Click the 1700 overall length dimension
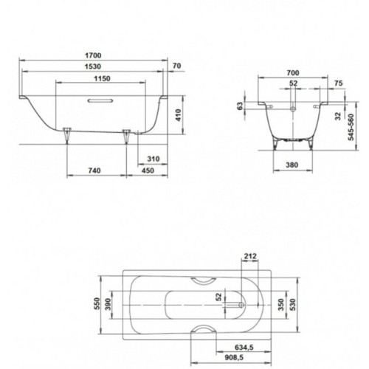[x=93, y=55]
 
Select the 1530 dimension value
[x=93, y=66]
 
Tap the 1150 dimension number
[x=103, y=79]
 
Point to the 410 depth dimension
[x=178, y=115]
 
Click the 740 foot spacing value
[x=94, y=170]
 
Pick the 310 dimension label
[x=154, y=159]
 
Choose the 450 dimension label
[x=148, y=170]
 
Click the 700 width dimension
[x=293, y=73]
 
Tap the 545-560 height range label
[x=351, y=127]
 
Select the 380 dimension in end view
[x=292, y=165]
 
